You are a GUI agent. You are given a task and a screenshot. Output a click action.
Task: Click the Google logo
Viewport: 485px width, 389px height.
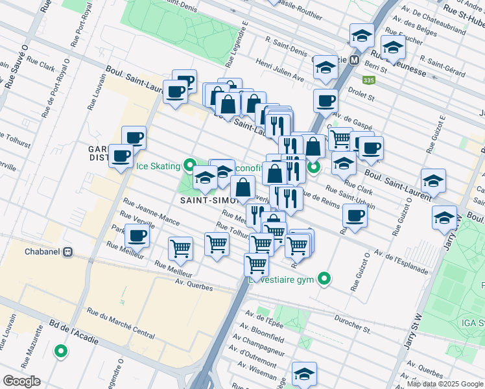[21, 381]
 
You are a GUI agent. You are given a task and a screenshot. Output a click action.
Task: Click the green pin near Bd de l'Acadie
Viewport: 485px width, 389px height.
[61, 352]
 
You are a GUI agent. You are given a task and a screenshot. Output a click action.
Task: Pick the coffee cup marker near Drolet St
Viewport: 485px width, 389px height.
[325, 100]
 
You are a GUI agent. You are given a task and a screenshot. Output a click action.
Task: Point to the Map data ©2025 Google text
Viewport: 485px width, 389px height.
[444, 384]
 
